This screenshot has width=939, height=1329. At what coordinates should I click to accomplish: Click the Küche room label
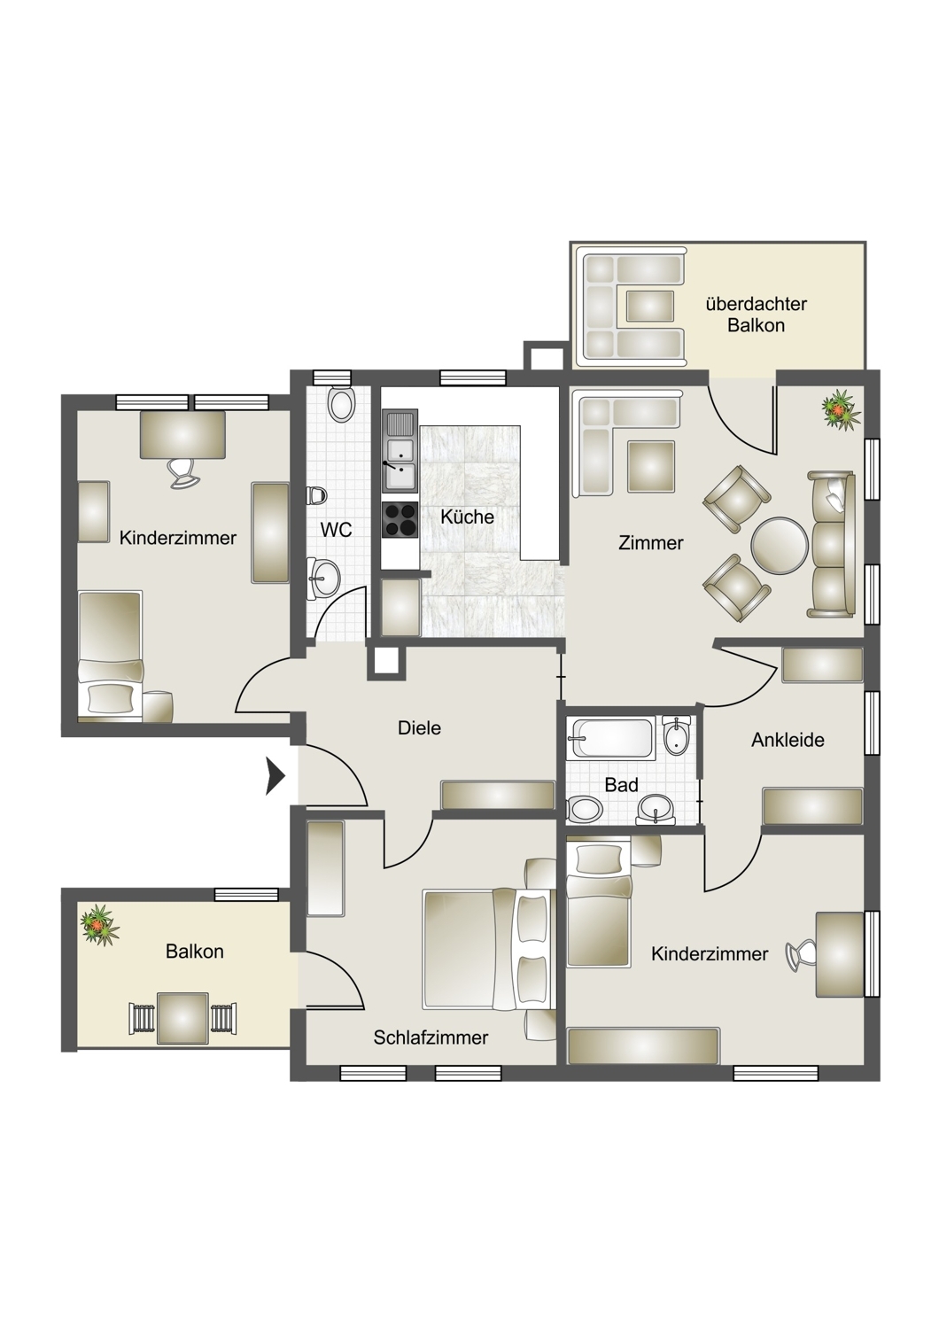pos(467,517)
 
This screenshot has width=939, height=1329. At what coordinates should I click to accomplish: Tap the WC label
pos(337,530)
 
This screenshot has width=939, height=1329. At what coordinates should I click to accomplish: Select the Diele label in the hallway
pos(419,727)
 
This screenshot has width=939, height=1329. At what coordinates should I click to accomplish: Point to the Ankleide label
pos(788,740)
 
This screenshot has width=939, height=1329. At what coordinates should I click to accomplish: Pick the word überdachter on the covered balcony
pos(757,305)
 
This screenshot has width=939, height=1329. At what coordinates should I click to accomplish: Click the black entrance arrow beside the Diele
pos(275,775)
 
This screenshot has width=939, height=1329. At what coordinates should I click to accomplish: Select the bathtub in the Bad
pos(611,738)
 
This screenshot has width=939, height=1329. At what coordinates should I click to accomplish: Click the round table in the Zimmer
pos(780,546)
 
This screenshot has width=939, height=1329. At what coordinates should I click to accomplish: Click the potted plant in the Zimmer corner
pos(840,408)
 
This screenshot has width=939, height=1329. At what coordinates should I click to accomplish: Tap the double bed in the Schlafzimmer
pos(489,949)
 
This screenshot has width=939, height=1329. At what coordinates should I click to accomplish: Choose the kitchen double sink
pos(400,451)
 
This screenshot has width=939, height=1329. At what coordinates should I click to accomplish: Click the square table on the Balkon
pos(182,1017)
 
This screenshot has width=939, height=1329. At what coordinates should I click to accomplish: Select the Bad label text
pos(621,785)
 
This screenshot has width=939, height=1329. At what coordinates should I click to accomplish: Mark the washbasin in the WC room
pos(323,575)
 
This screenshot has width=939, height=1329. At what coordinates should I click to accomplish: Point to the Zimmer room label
pos(651,543)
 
